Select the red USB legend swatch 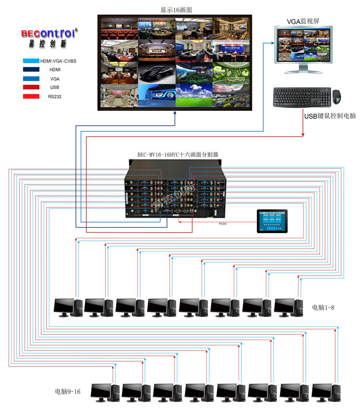click(36, 87)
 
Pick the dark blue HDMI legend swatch click(36, 70)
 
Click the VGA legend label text click(55, 78)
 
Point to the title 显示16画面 click(177, 9)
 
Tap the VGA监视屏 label click(303, 21)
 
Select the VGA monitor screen click(303, 45)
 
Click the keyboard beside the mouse click(302, 97)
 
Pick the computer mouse click(337, 96)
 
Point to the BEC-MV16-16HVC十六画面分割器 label click(178, 155)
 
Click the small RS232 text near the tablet click(223, 223)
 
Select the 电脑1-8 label click(323, 307)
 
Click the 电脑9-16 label click(68, 391)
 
